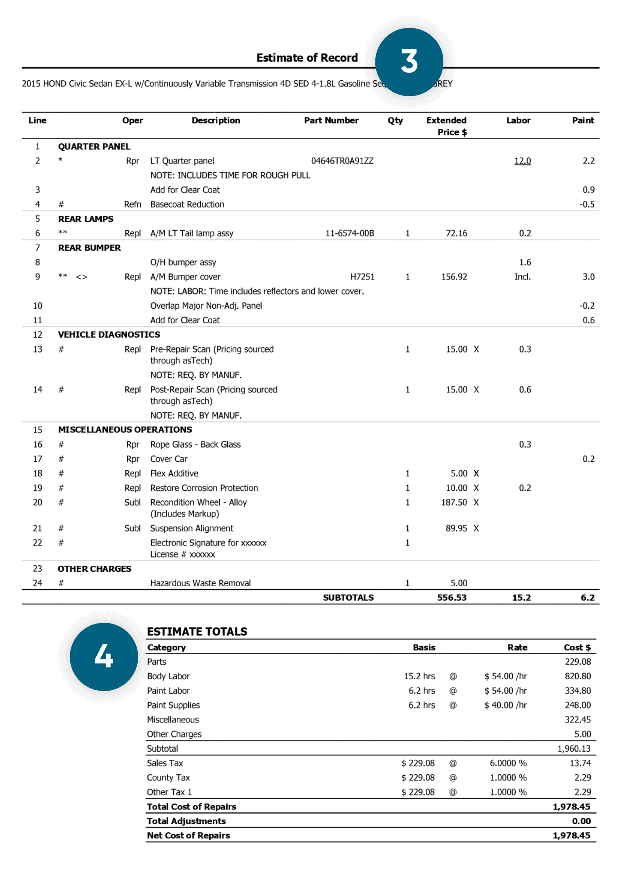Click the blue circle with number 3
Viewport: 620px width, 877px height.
point(409,62)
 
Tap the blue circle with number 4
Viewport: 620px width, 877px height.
point(104,656)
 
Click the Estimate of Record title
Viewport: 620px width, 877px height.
point(307,58)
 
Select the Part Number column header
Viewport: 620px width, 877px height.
point(331,121)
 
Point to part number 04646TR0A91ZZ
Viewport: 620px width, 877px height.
point(342,161)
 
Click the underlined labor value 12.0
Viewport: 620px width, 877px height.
point(522,161)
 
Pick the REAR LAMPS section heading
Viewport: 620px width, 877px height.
point(86,219)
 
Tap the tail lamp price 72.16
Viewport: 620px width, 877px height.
point(456,233)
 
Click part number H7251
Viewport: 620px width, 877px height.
point(362,277)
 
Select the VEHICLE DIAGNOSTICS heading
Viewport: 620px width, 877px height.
point(109,335)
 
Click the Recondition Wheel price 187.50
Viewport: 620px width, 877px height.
point(454,503)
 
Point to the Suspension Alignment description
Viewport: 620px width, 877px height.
point(192,528)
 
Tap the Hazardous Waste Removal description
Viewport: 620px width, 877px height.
point(200,583)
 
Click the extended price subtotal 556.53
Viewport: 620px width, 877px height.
point(452,598)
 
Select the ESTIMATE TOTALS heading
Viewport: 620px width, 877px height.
point(197,631)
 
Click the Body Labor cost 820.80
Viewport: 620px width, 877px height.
point(577,676)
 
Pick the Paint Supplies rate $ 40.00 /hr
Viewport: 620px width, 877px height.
point(506,705)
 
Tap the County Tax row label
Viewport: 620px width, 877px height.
point(168,777)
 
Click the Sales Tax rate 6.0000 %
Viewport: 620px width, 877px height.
point(508,763)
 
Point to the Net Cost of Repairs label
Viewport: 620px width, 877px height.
point(189,835)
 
